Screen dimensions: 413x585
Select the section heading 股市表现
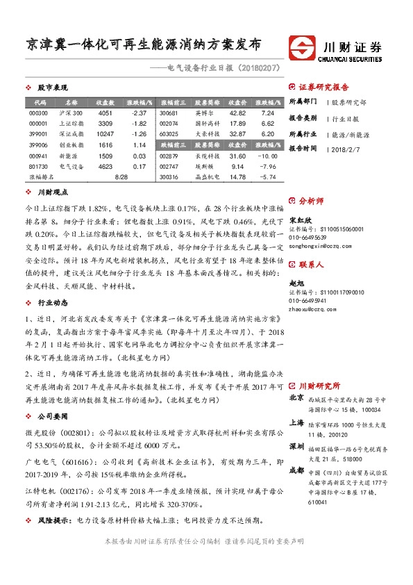click(x=52, y=88)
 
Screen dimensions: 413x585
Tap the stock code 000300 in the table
click(x=39, y=113)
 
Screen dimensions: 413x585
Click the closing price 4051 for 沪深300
click(x=105, y=113)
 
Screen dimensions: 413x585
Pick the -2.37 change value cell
click(x=138, y=113)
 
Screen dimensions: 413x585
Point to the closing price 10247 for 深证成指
click(x=105, y=133)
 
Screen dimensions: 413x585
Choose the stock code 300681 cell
click(x=169, y=113)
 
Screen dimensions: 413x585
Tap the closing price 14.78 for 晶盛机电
click(x=237, y=177)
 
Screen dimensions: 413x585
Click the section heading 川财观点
click(x=52, y=192)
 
